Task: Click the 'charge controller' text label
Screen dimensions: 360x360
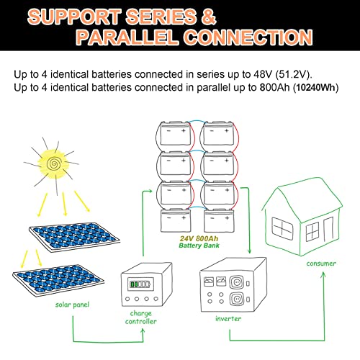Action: point(142,316)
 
